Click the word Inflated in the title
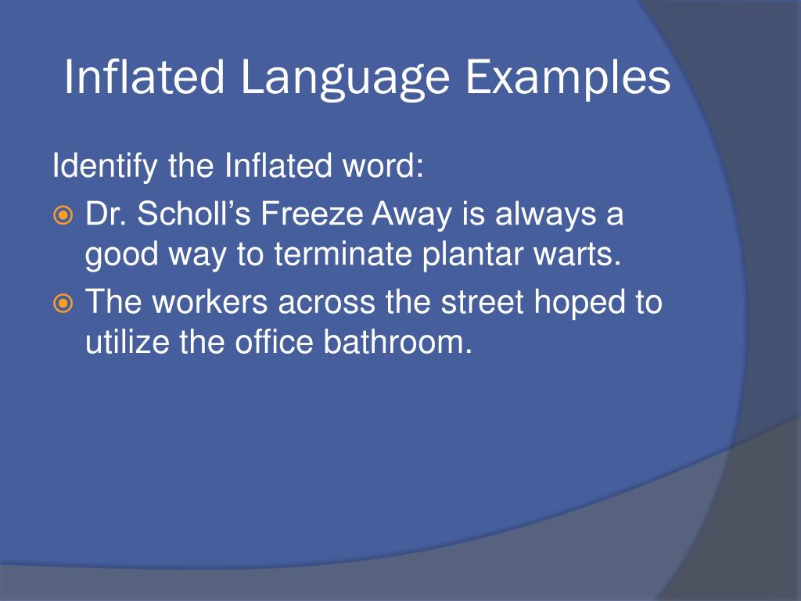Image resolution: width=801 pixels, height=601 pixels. (144, 77)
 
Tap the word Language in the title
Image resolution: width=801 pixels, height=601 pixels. (345, 79)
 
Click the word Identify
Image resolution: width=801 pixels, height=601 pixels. (105, 167)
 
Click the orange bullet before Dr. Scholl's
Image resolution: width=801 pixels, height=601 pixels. (63, 215)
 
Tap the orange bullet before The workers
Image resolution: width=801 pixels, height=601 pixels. (63, 304)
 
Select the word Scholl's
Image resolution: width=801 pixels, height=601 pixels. (194, 213)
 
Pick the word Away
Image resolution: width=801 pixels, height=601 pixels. (411, 214)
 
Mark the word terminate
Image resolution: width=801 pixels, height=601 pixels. (343, 254)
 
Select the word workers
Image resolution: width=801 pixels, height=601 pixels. (210, 301)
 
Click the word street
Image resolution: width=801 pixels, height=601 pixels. (482, 302)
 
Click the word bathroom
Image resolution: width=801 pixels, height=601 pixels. (398, 341)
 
